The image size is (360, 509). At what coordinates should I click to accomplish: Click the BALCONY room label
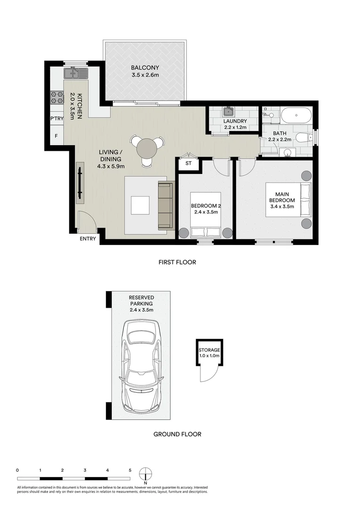click(x=145, y=68)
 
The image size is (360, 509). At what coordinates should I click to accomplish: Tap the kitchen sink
click(x=75, y=73)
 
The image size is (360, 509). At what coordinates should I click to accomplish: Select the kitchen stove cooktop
click(x=57, y=98)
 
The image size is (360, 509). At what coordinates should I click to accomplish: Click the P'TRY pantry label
click(x=57, y=119)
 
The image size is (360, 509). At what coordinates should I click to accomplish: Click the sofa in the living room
click(x=165, y=205)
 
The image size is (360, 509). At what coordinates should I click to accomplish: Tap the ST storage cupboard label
click(x=188, y=164)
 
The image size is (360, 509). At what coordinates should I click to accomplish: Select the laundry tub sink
click(x=229, y=112)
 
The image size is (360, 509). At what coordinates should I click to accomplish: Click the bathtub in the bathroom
click(x=296, y=115)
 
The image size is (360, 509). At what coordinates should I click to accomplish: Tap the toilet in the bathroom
click(x=302, y=138)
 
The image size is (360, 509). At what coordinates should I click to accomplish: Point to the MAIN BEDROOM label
click(x=282, y=197)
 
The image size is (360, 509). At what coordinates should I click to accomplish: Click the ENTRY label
click(x=88, y=239)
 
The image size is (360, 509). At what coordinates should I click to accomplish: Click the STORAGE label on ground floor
click(x=209, y=350)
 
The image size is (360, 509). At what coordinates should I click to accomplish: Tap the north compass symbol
click(x=146, y=473)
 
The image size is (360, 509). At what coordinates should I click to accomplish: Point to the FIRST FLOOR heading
click(x=177, y=263)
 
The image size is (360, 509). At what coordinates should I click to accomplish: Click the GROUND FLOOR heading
click(x=177, y=434)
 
